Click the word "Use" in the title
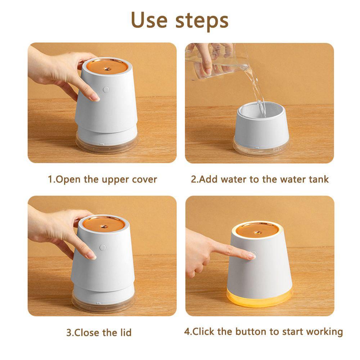pyautogui.click(x=149, y=20)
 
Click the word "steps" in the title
pyautogui.click(x=202, y=21)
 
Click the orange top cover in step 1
pyautogui.click(x=107, y=67)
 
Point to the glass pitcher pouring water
pyautogui.click(x=217, y=62)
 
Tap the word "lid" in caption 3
pyautogui.click(x=126, y=332)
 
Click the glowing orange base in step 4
pyautogui.click(x=260, y=298)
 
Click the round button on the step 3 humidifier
pyautogui.click(x=103, y=248)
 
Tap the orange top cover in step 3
pyautogui.click(x=104, y=224)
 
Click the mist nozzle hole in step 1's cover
pyautogui.click(x=107, y=68)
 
